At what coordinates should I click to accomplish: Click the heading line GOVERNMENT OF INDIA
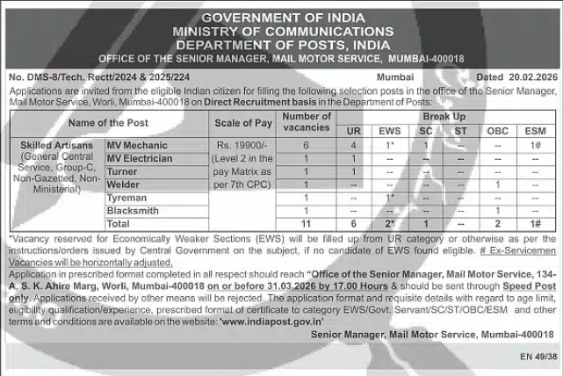281,18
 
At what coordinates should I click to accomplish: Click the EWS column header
389,131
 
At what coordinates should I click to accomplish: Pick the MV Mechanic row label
137,144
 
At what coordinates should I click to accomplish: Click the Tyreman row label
127,198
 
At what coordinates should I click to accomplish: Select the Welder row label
125,184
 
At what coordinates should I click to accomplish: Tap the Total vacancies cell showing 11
307,225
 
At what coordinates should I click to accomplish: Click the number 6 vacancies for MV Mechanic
307,144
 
